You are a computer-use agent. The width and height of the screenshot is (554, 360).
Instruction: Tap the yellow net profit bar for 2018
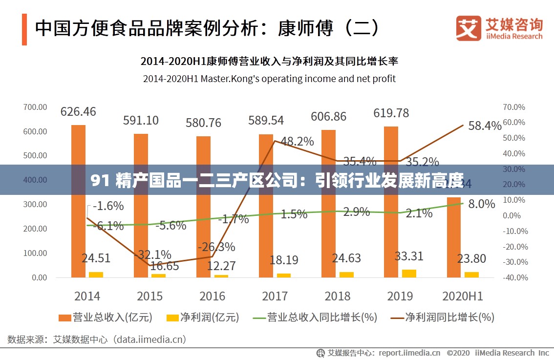coord(346,275)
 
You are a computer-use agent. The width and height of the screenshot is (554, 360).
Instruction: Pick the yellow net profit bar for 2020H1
coord(471,275)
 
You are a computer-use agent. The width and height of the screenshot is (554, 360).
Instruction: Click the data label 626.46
coord(78,111)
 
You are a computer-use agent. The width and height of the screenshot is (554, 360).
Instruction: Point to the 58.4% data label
coord(485,126)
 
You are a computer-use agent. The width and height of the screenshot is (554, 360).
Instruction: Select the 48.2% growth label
coord(298,142)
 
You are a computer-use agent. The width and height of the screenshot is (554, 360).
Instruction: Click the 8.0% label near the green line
coord(482,204)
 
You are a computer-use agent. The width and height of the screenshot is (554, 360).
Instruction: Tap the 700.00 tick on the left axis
coord(35,107)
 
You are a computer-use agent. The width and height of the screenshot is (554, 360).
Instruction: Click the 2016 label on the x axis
coord(213,296)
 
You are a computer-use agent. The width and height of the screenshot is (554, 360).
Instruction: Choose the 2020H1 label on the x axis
coord(462,296)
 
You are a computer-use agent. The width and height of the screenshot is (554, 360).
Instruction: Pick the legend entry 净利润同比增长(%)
coord(443,318)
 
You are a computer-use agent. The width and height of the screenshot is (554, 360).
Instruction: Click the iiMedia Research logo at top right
coord(499,28)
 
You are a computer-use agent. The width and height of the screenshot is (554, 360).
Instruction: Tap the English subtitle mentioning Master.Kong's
coord(269,78)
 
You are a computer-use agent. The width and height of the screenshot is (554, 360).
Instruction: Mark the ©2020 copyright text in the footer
coord(458,353)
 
